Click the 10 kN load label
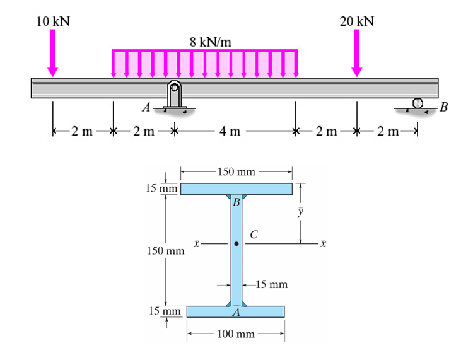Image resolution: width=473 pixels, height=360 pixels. pyautogui.click(x=53, y=21)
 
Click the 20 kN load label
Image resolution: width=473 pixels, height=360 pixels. pyautogui.click(x=356, y=21)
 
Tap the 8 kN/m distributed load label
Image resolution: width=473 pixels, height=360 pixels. pyautogui.click(x=210, y=42)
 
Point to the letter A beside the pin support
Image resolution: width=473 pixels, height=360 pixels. pyautogui.click(x=146, y=107)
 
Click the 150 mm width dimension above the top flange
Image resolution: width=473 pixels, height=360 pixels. pyautogui.click(x=236, y=171)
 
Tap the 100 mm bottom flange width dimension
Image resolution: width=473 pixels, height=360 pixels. pyautogui.click(x=235, y=334)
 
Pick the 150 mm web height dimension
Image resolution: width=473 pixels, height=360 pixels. pyautogui.click(x=165, y=251)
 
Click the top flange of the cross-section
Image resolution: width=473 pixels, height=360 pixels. pyautogui.click(x=237, y=189)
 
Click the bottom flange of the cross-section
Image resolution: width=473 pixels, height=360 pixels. pyautogui.click(x=235, y=311)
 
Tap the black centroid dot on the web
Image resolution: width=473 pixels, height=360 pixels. pyautogui.click(x=236, y=243)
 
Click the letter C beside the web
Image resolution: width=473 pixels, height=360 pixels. pyautogui.click(x=254, y=234)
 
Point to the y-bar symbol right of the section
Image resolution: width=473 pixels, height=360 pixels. pyautogui.click(x=301, y=212)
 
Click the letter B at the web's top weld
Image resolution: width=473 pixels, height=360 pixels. pyautogui.click(x=236, y=202)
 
